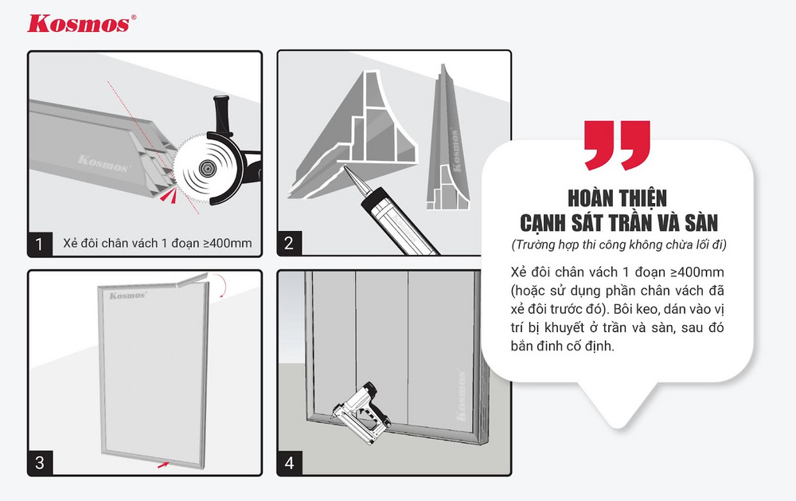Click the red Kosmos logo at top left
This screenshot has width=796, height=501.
point(77,23)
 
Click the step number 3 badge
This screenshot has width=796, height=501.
point(40,462)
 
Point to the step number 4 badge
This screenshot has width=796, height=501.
point(288,462)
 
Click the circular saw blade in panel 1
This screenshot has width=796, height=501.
point(205,166)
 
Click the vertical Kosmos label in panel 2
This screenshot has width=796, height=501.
point(458,151)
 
